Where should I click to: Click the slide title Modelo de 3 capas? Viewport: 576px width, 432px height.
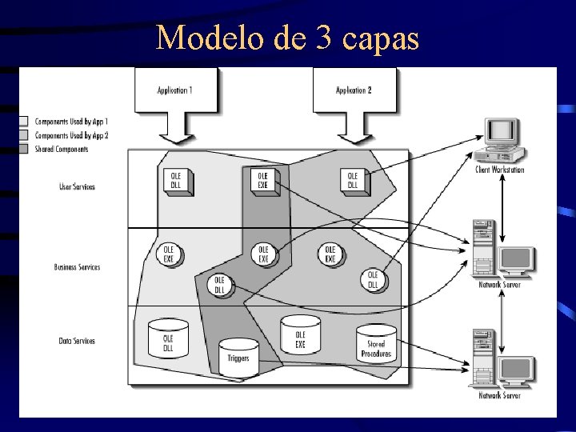(287, 37)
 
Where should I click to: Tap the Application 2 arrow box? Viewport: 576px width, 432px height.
(353, 90)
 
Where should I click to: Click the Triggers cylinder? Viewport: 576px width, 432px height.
(238, 354)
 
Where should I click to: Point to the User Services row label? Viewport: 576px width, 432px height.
(77, 186)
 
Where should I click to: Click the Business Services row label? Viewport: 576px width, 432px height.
(77, 266)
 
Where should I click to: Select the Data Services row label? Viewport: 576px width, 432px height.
(77, 341)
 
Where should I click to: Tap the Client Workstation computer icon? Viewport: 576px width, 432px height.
(499, 139)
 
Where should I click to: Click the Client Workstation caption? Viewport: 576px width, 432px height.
(499, 170)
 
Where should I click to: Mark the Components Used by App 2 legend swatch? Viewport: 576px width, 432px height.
(23, 134)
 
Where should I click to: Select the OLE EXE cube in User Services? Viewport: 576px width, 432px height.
(262, 179)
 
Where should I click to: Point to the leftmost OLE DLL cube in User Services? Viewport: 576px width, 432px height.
(175, 180)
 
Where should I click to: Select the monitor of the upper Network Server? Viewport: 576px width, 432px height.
(516, 259)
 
